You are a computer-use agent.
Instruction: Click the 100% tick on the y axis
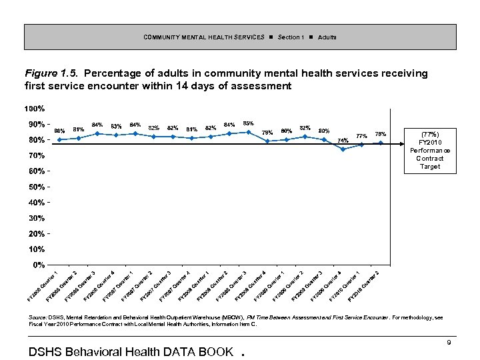click(x=35, y=108)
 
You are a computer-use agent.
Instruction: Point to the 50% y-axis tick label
click(x=37, y=186)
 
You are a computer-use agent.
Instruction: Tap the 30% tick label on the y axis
click(x=37, y=218)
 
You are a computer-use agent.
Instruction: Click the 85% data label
click(x=248, y=123)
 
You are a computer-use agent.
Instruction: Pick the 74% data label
click(x=343, y=141)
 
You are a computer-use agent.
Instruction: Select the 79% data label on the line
click(x=268, y=132)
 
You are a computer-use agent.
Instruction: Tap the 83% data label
click(x=116, y=126)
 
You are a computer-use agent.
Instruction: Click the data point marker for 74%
click(x=343, y=149)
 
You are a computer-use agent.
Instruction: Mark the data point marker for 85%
click(x=248, y=132)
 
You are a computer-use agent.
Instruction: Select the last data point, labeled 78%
click(x=381, y=143)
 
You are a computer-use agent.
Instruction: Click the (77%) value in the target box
click(x=430, y=133)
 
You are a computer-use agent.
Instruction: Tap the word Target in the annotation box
click(x=430, y=167)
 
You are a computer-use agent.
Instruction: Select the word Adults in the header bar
click(x=327, y=37)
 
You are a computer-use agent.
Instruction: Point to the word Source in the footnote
click(x=37, y=319)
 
